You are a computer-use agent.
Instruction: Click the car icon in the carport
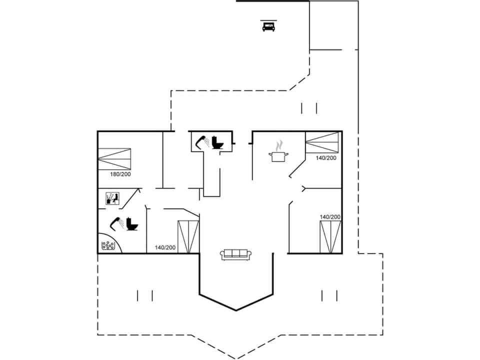tap(268, 26)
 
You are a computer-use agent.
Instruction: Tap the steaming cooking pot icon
tap(278, 152)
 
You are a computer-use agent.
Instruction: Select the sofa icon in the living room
tap(236, 254)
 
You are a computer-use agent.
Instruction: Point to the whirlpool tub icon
tap(108, 245)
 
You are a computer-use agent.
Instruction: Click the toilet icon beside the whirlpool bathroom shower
tap(132, 223)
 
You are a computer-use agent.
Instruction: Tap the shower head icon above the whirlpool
tap(117, 222)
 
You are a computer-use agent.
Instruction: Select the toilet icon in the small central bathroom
tap(217, 142)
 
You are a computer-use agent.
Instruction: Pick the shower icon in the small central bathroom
tap(203, 140)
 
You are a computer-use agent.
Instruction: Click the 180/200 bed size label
tap(120, 174)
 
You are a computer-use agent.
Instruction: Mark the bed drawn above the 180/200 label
tap(115, 158)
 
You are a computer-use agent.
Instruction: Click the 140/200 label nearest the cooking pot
tap(326, 158)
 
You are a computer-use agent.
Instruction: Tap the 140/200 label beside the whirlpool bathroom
tap(165, 247)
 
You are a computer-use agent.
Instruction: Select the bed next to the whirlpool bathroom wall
tap(188, 236)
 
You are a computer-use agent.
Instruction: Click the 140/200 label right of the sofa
tap(330, 217)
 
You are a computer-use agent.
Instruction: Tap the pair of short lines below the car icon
tap(309, 108)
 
